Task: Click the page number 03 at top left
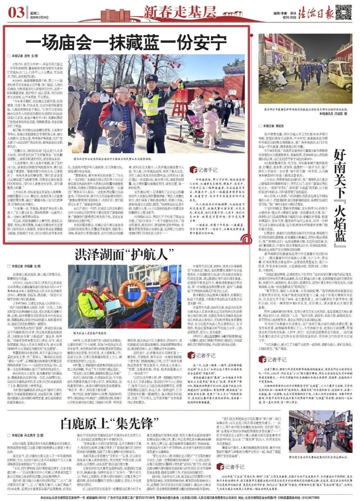16,13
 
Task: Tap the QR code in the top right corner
343,12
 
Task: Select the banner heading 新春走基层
180,12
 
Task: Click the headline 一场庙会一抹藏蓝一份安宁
126,43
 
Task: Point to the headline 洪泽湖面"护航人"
125,255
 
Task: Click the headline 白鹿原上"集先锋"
107,424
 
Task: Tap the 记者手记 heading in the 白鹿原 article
230,466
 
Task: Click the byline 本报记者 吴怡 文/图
25,56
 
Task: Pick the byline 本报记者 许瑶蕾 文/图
26,267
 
